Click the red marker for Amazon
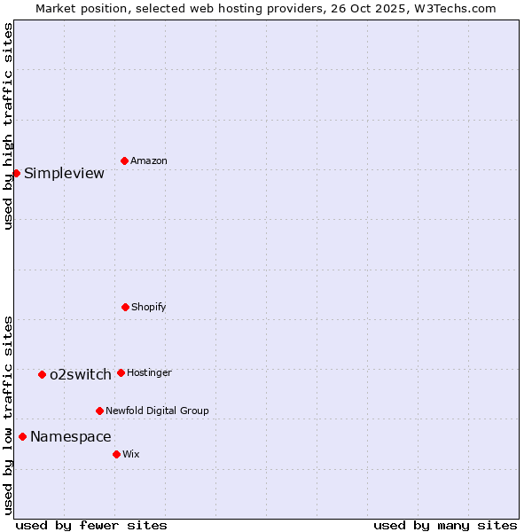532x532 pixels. coord(124,160)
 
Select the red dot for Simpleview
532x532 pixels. coord(16,173)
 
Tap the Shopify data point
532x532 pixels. coord(125,307)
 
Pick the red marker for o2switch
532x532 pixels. coord(42,374)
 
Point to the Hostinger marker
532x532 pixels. coord(121,372)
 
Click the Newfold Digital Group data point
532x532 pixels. coord(99,411)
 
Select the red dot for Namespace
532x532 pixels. coord(22,436)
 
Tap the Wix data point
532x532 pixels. coord(116,454)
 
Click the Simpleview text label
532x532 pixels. coord(64,173)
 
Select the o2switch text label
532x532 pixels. coord(80,374)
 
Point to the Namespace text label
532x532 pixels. coord(70,436)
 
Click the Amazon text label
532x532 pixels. coord(149,160)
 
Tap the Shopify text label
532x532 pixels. coord(149,307)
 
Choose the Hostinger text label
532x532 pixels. coord(149,372)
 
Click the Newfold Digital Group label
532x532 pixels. coord(157,411)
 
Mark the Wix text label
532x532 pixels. coord(131,454)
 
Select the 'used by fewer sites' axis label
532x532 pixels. coord(91,525)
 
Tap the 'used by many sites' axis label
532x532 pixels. coord(445,525)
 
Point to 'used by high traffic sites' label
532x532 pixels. coord(8,127)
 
